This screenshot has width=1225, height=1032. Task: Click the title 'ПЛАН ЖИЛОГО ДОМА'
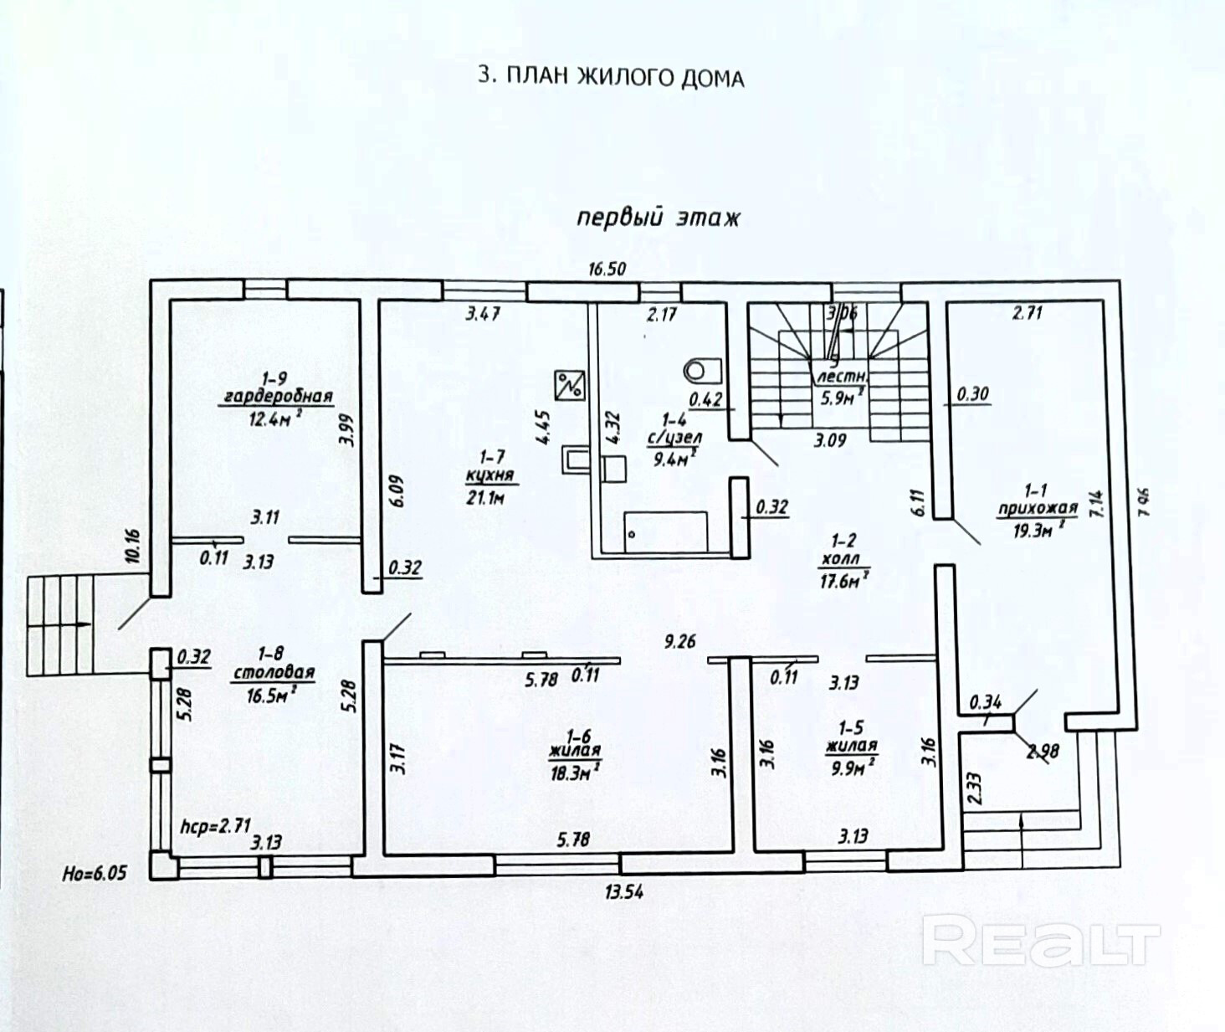tap(610, 77)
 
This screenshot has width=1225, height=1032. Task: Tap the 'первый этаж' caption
tap(659, 218)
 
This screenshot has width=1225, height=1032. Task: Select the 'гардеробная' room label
tap(276, 396)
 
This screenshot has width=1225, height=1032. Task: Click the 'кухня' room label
tap(490, 475)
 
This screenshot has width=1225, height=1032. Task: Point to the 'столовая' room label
tap(274, 672)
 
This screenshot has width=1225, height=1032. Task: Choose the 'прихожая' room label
tap(1036, 508)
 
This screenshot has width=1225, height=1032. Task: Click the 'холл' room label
tap(841, 559)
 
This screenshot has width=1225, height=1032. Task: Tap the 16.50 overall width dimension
tap(607, 269)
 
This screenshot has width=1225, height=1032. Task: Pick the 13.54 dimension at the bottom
tap(624, 892)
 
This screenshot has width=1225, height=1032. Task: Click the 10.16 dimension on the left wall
tap(133, 547)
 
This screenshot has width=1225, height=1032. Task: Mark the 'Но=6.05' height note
tap(95, 873)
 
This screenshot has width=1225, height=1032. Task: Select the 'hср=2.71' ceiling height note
tap(215, 825)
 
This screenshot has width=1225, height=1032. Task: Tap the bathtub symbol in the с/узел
tap(666, 531)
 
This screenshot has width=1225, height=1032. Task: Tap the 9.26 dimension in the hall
tap(679, 642)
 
